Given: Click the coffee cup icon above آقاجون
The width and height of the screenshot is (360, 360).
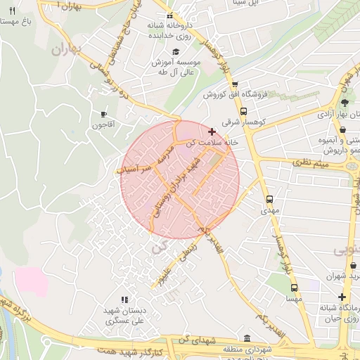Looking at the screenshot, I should coord(103,114).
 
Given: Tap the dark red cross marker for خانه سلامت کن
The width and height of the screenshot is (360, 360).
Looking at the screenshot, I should coord(212,131).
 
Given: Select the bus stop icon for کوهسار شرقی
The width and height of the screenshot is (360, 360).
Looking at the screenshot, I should coord(243,111).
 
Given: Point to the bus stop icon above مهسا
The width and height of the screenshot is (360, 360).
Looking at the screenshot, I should coord(294,288).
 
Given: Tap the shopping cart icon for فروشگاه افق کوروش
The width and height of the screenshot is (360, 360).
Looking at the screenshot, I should coord(234,84).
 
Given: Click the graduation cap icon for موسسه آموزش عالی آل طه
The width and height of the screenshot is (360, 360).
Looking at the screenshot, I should coord(175,51).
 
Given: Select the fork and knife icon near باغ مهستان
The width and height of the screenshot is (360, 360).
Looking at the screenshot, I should coord(12,11).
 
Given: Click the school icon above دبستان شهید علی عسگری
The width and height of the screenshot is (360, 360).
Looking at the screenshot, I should coord(124,300).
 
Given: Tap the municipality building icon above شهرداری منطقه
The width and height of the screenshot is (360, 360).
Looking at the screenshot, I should coord(247,338).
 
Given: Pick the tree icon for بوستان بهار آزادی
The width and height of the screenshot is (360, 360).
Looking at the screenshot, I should coord(344,103).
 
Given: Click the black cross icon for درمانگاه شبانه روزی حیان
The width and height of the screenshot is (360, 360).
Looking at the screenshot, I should coord(342,297).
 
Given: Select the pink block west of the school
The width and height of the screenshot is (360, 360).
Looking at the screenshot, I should coord(31,281).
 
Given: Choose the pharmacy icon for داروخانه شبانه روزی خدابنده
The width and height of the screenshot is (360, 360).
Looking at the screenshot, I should coord(169,15).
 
